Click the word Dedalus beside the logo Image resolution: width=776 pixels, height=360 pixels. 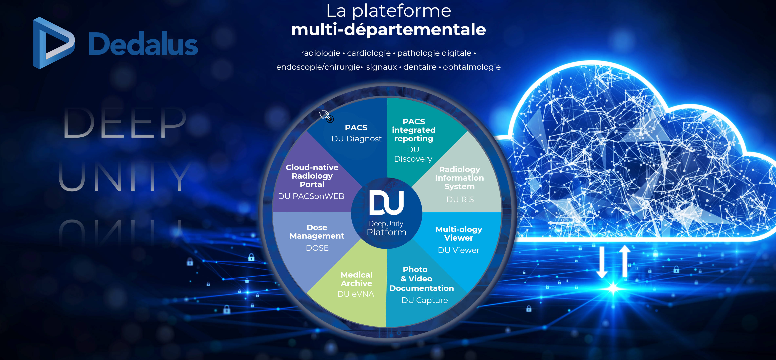pos(143,44)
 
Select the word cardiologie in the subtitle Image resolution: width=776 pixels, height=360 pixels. pos(369,53)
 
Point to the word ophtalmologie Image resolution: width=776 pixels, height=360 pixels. pos(471,67)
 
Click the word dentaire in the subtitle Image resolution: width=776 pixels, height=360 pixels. pos(420,67)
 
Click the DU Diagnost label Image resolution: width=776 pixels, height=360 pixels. pos(356,139)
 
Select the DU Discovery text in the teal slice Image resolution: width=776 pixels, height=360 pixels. pos(413,154)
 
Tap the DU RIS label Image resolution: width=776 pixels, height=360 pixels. pos(460,199)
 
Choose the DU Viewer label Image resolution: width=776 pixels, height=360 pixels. pos(459,250)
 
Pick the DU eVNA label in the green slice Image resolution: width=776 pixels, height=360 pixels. pos(356,294)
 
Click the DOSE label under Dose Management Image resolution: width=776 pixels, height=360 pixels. pos(317,248)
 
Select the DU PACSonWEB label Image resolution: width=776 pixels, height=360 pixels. pos(311,196)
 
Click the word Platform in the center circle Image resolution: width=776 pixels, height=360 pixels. pos(387,232)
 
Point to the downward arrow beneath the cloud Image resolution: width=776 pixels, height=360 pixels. pos(602,262)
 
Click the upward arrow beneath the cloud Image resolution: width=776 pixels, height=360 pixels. pos(625,261)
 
